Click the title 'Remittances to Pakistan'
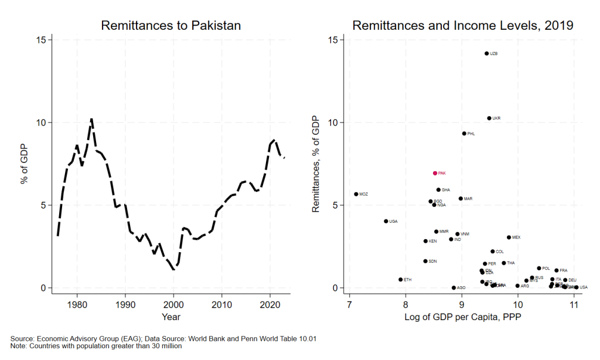[x=171, y=26]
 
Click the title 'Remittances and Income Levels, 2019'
[x=462, y=26]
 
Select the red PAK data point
[x=435, y=173]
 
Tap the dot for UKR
[x=489, y=118]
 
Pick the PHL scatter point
[x=464, y=134]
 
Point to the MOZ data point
[x=356, y=194]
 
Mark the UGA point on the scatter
[x=386, y=221]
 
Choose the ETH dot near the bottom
[x=400, y=280]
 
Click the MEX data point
[x=509, y=237]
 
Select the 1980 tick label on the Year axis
[x=77, y=305]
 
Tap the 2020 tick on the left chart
[x=270, y=305]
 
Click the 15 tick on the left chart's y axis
[x=40, y=40]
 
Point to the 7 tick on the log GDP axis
[x=349, y=305]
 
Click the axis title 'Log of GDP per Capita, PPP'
[x=462, y=318]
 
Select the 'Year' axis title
[x=171, y=317]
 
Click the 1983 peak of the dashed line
[x=91, y=119]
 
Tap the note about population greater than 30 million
[x=97, y=346]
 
